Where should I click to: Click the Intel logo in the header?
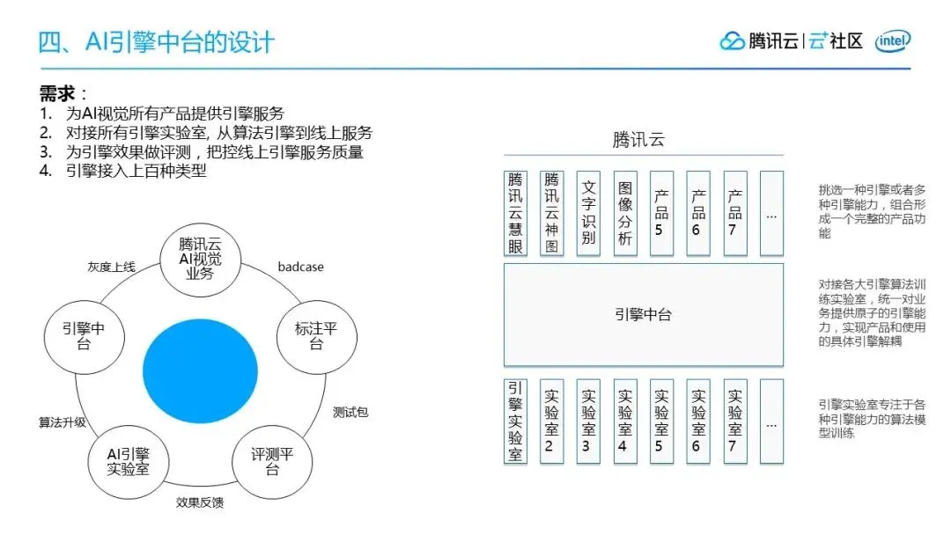point(893,40)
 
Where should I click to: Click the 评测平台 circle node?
point(271,462)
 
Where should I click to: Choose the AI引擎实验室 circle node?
point(128,462)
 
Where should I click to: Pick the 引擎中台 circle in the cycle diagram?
point(83,337)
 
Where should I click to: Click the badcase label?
point(300,267)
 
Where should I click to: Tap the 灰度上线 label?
point(111,267)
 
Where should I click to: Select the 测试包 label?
point(350,412)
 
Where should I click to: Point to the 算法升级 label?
point(62,421)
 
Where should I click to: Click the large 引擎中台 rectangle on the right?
point(643,314)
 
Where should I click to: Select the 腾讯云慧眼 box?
point(515,214)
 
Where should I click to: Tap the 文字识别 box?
point(588,214)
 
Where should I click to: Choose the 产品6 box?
point(698,214)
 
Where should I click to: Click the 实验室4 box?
point(625,421)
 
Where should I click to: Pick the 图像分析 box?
point(625,214)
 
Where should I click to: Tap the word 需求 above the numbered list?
point(57,93)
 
